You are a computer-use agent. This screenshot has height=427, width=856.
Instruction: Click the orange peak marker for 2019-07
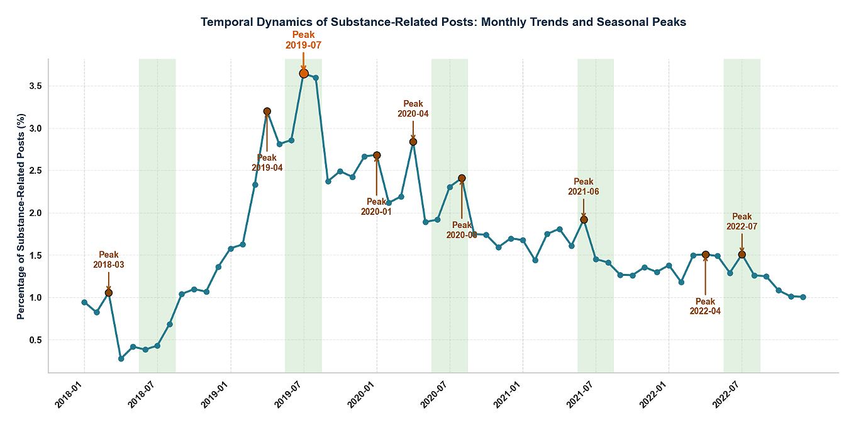click(304, 74)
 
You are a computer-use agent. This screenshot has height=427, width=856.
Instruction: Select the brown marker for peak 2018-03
click(109, 293)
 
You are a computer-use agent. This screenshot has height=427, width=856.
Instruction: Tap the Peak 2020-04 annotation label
click(413, 109)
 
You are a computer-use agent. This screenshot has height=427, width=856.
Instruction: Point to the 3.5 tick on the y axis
click(37, 86)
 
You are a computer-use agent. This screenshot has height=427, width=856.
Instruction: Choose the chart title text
click(443, 22)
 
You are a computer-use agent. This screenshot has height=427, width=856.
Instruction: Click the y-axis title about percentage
click(21, 216)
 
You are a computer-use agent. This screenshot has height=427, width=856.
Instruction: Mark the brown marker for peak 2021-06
click(584, 219)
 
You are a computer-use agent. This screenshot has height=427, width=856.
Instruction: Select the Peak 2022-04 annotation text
click(705, 306)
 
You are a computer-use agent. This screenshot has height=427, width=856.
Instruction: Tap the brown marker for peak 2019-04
click(267, 111)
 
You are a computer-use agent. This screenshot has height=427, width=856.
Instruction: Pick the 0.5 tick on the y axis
click(37, 340)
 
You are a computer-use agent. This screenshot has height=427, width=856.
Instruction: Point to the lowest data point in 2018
click(121, 358)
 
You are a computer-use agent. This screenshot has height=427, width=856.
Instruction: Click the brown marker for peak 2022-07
click(742, 254)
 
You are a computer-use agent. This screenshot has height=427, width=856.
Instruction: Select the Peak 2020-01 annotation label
click(376, 207)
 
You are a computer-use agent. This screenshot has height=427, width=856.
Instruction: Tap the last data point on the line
click(803, 297)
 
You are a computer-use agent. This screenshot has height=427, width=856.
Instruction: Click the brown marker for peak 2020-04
click(413, 142)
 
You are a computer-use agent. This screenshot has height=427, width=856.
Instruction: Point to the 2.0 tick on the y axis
click(37, 213)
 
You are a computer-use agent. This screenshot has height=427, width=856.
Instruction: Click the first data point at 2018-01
click(84, 302)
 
